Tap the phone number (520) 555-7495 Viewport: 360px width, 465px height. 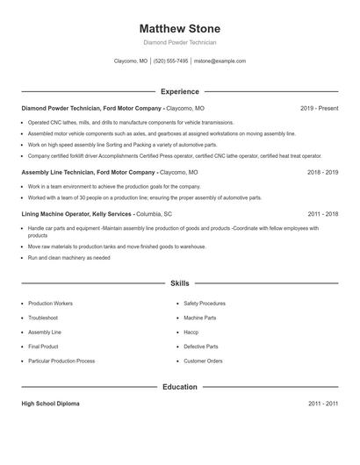point(171,61)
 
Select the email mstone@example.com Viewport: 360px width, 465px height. point(220,61)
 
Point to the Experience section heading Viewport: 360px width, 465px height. point(180,91)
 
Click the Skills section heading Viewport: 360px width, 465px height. point(180,284)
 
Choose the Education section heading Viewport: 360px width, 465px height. point(180,387)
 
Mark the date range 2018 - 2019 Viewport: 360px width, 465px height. point(322,173)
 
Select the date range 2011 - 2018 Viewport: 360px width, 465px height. point(322,213)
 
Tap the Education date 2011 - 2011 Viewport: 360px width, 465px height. point(322,404)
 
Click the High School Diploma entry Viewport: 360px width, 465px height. point(50,404)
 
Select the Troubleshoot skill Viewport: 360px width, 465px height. point(43,318)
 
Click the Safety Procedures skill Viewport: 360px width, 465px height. point(205,303)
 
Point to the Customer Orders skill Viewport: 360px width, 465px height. point(203,361)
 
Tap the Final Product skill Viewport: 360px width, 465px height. point(44,347)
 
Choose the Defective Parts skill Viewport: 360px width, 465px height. point(200,347)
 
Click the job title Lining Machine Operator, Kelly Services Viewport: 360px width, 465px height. point(76,213)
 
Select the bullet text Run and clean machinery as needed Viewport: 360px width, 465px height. point(68,258)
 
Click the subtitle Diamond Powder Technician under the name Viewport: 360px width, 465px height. point(180,42)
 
